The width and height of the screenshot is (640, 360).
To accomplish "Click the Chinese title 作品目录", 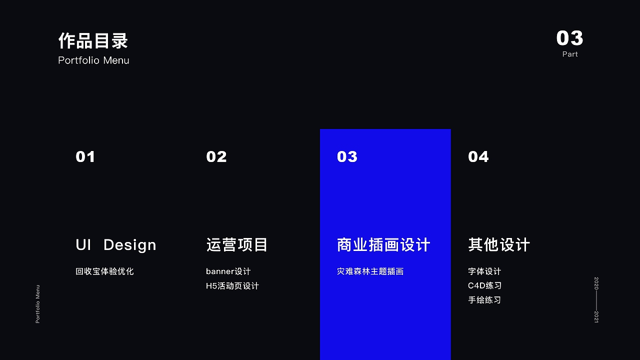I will (x=93, y=41).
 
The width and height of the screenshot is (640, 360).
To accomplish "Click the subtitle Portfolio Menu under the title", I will (x=93, y=60).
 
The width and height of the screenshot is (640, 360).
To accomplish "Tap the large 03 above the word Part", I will (x=569, y=38).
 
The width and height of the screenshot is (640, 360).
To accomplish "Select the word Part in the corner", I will (x=570, y=54).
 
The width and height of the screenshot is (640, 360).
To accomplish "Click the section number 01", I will (x=85, y=157).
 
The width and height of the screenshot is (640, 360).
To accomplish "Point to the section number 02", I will (x=216, y=157).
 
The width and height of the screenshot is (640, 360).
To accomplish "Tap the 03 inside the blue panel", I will (x=347, y=157).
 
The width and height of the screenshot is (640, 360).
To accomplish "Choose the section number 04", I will (x=478, y=157).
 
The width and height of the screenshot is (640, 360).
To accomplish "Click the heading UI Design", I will (x=116, y=245).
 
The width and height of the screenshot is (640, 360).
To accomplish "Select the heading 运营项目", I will (x=237, y=245).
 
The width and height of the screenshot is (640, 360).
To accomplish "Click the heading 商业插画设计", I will (x=383, y=245).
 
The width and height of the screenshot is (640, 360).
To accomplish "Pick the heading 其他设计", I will (x=499, y=245).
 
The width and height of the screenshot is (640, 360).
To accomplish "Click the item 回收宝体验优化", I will (x=104, y=271).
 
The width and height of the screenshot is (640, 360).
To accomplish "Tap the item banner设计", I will (x=228, y=271).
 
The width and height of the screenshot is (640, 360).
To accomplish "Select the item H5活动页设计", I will (x=232, y=286).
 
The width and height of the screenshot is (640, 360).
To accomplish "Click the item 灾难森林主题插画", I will (x=370, y=271).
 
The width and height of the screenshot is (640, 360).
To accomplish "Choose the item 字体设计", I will (x=484, y=271).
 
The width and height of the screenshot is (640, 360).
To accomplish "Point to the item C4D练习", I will (x=484, y=286).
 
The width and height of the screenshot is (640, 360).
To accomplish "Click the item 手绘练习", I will (x=484, y=300).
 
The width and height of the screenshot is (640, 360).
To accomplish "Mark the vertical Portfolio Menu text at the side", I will (x=37, y=304).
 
